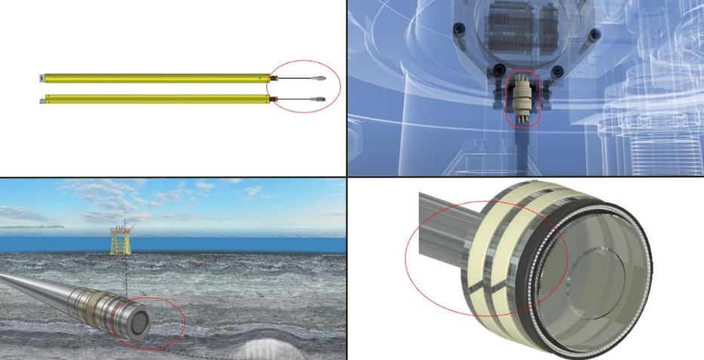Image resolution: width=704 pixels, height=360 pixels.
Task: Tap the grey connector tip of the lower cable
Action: pyautogui.click(x=320, y=99)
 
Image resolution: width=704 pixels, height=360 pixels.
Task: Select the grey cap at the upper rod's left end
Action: pyautogui.click(x=42, y=78)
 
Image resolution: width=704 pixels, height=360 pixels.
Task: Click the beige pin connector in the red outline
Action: pyautogui.click(x=521, y=99)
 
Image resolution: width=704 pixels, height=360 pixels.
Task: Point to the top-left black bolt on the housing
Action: pyautogui.click(x=459, y=30)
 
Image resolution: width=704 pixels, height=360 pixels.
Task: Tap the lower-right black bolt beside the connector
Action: pyautogui.click(x=556, y=72)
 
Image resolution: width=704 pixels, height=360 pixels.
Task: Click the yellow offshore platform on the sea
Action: pyautogui.click(x=120, y=238)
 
